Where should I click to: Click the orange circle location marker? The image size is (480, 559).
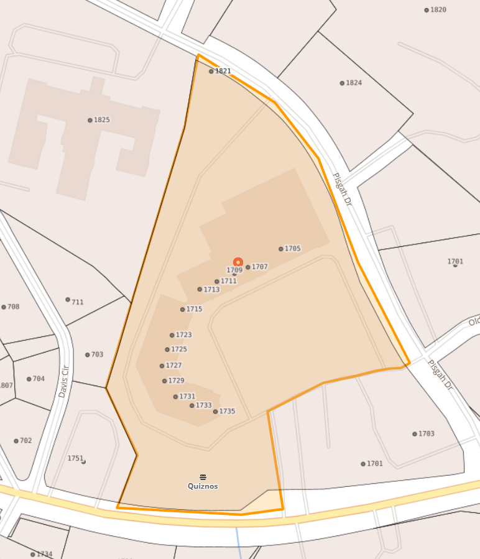[238, 262]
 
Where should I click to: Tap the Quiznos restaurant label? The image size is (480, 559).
[203, 486]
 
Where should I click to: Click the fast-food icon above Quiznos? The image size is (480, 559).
[203, 477]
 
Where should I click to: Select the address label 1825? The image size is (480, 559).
[101, 120]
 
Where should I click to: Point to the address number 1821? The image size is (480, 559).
[223, 71]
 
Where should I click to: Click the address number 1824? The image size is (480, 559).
[353, 83]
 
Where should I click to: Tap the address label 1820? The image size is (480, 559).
[438, 10]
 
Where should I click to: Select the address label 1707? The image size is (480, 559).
[259, 267]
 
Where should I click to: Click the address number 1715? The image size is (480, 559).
[194, 309]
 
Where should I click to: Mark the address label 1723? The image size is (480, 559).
[183, 335]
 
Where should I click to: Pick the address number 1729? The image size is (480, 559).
[176, 381]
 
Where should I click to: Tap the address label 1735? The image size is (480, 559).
[227, 411]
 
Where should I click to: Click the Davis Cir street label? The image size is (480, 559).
[63, 381]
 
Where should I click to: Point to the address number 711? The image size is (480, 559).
[77, 302]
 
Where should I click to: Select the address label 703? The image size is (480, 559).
[97, 354]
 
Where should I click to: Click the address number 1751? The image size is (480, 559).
[75, 458]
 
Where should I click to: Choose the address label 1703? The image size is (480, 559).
[426, 433]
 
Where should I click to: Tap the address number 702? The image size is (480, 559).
[25, 441]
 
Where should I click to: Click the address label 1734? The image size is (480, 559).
[44, 554]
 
